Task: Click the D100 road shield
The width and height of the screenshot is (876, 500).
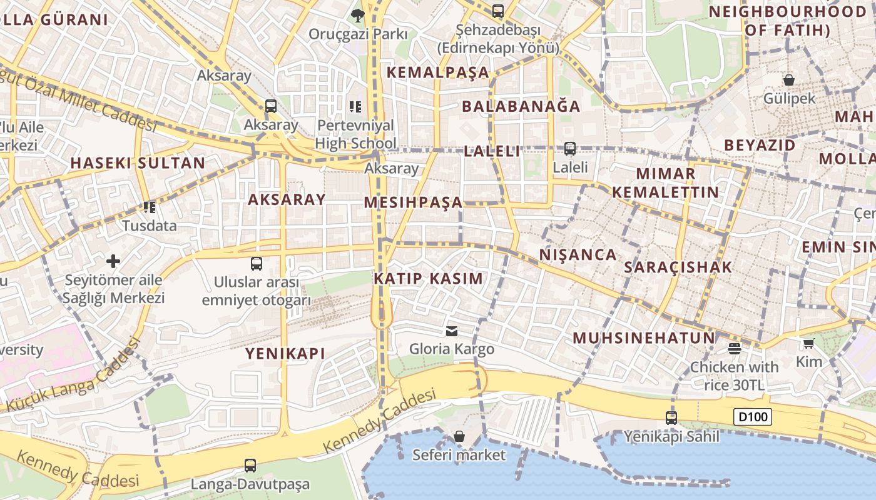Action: click(753, 417)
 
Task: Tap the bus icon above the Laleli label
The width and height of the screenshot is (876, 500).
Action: click(570, 149)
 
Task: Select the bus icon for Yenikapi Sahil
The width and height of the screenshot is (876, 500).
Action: click(671, 417)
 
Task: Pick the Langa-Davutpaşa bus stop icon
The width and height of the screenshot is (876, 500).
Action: click(250, 465)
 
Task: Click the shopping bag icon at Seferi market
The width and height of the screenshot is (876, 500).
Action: click(459, 436)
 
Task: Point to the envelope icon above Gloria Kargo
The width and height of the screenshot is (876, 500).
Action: click(452, 331)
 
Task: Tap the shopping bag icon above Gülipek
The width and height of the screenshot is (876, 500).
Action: click(789, 80)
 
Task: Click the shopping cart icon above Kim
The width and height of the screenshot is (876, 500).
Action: click(808, 343)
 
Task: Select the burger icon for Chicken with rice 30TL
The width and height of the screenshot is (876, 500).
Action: click(735, 349)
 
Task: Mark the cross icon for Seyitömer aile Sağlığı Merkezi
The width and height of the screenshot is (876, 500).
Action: click(113, 261)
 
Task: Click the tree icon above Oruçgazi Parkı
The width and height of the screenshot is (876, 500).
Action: click(358, 15)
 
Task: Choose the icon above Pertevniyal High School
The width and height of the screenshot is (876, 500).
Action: click(355, 107)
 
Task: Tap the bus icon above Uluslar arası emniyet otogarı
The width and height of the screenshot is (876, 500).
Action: click(257, 263)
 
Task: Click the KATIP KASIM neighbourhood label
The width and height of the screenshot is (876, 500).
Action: click(429, 279)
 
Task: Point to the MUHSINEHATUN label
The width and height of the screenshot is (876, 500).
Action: click(644, 338)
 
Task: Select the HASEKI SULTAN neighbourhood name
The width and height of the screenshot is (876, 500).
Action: click(138, 163)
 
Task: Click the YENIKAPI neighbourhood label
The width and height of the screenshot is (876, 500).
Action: click(285, 354)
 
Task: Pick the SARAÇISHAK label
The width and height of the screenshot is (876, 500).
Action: click(678, 267)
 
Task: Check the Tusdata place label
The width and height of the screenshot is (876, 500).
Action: click(150, 226)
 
